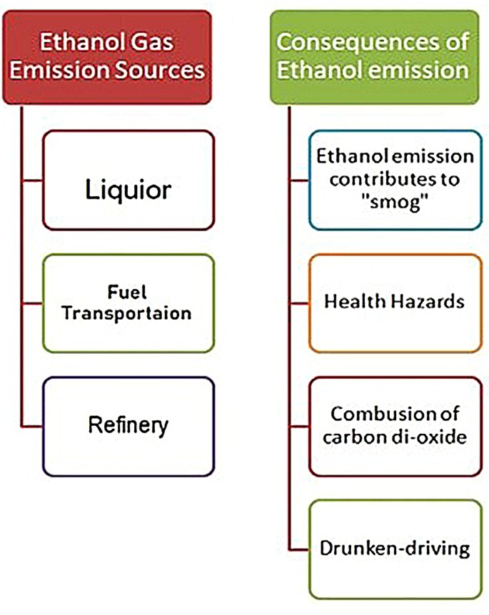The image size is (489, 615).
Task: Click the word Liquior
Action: [x=128, y=190]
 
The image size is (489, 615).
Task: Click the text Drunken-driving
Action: [x=394, y=549]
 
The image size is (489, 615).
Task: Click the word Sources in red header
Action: [x=160, y=71]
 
